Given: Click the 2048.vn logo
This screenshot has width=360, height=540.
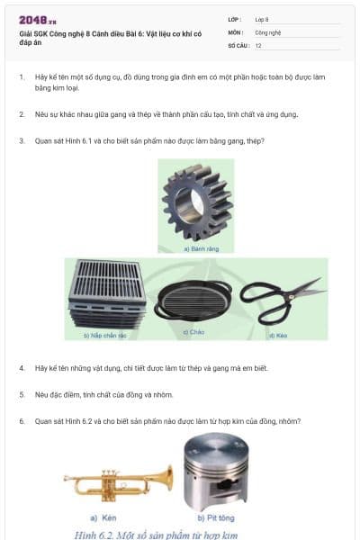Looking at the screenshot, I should click(38, 20).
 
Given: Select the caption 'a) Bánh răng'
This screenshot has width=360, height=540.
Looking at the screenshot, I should click(195, 248).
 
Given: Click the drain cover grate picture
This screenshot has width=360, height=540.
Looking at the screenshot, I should click(106, 294).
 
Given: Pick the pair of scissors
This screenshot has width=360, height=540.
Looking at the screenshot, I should click(282, 299).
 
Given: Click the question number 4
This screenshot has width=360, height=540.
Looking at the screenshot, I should click(22, 368).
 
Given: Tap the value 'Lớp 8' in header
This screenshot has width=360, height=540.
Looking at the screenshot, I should click(262, 19).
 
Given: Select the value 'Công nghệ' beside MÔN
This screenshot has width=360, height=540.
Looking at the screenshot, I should click(268, 31).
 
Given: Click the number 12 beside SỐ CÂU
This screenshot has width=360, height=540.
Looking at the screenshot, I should click(258, 45).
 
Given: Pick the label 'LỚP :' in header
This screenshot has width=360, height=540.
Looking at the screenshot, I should click(234, 19).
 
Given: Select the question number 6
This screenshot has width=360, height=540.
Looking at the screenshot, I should click(22, 420).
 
